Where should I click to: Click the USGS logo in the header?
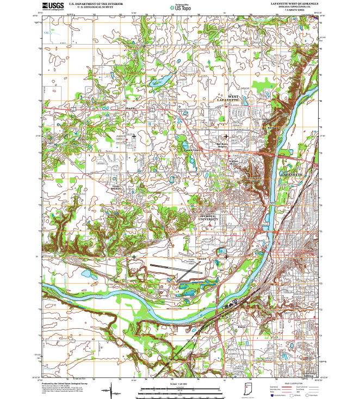pos(52,6)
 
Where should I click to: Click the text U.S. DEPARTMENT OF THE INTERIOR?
pos(91,4)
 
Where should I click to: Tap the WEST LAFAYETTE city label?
pos(228,99)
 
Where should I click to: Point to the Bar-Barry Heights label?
pos(225,145)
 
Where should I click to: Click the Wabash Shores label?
pos(233,162)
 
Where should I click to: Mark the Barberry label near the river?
pos(273,127)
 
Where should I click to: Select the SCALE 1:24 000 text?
pos(179,385)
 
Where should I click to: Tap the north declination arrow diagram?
pos(113,389)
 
